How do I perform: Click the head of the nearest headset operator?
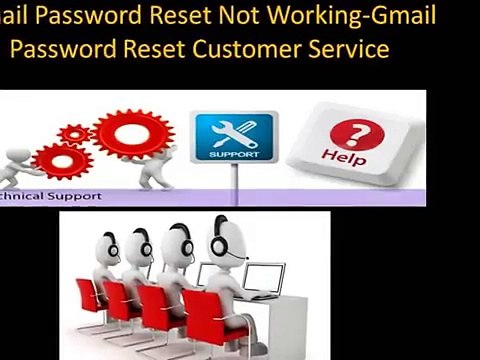[223, 238]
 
